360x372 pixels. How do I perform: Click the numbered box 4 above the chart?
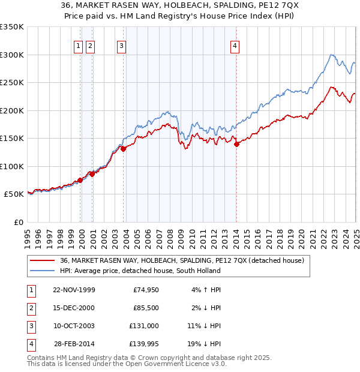tap(235, 46)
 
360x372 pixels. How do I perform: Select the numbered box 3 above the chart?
tap(121, 46)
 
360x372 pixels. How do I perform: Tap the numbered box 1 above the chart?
tap(79, 46)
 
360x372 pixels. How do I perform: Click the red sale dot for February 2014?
tap(236, 144)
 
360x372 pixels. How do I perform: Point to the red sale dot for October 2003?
tap(123, 149)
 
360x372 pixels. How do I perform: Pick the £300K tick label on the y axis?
tap(12, 55)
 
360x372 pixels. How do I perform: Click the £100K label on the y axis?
tap(12, 166)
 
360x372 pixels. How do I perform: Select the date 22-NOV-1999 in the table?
tap(74, 290)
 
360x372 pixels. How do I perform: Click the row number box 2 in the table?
tap(30, 308)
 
